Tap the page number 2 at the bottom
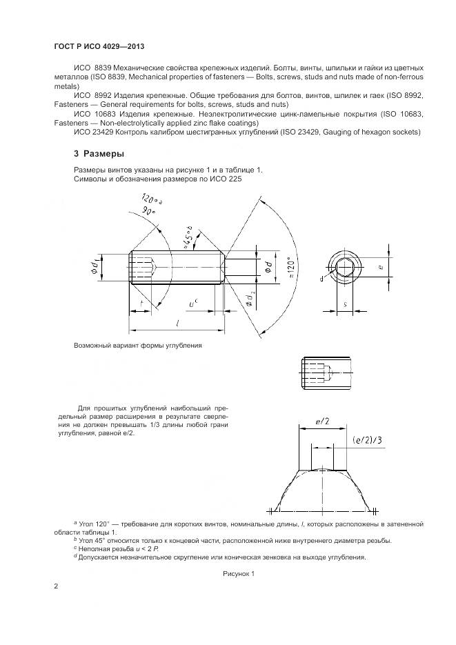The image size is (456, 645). [56, 586]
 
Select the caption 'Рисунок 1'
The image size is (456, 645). [239, 573]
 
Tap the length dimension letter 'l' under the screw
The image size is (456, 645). [179, 323]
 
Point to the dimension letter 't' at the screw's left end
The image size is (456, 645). [140, 301]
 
